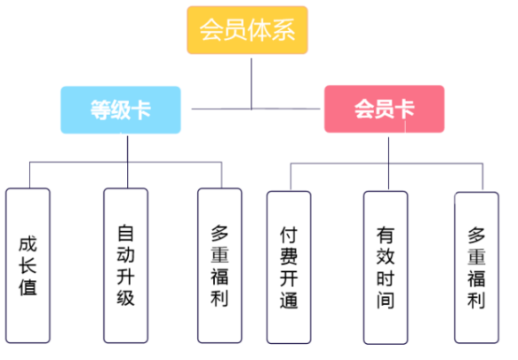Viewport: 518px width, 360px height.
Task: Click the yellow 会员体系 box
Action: (247, 29)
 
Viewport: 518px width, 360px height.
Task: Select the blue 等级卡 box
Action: (121, 109)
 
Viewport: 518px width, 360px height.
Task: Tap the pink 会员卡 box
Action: (384, 108)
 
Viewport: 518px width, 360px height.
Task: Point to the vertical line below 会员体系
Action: (251, 84)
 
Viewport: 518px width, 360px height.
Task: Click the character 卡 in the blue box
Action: (141, 109)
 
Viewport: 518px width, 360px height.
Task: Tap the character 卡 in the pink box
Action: (404, 108)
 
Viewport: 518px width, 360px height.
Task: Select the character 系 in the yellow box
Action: (283, 29)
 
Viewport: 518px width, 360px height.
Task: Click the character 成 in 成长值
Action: (28, 244)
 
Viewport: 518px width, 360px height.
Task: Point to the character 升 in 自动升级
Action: (125, 276)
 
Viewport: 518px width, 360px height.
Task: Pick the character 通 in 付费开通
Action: (289, 300)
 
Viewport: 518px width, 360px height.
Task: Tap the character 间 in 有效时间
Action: (386, 300)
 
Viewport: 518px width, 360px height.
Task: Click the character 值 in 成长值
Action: (28, 287)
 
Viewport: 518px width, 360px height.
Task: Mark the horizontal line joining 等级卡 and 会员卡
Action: (256, 108)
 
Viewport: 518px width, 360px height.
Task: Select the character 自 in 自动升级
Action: (125, 233)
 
